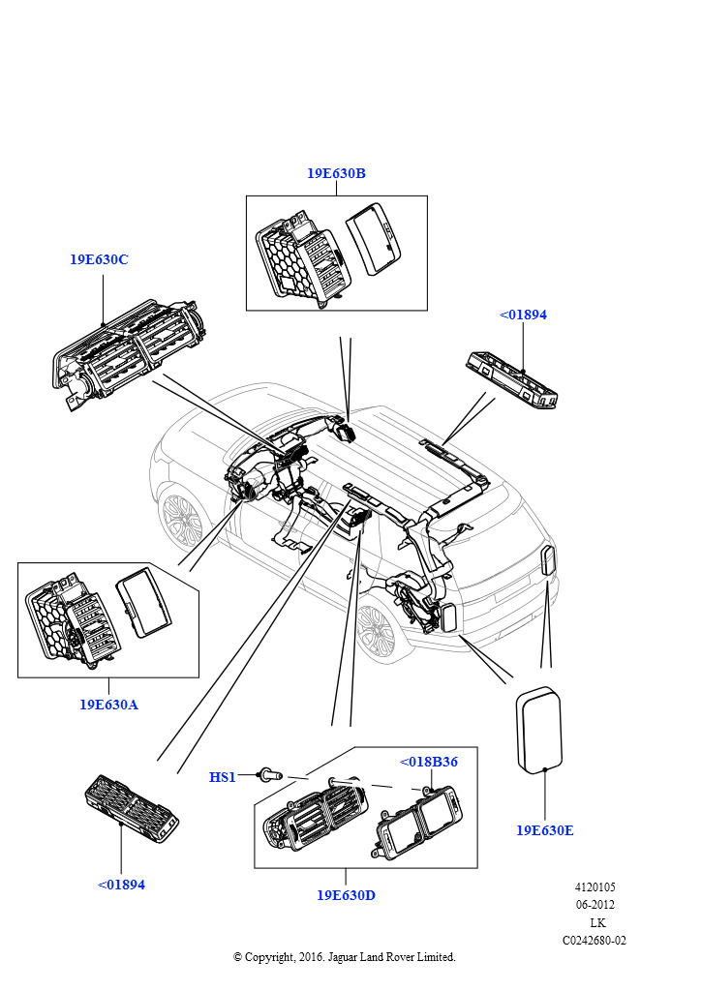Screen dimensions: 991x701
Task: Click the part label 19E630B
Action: pyautogui.click(x=336, y=174)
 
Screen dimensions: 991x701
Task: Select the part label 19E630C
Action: pyautogui.click(x=99, y=260)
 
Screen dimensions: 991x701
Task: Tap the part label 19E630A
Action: pyautogui.click(x=108, y=705)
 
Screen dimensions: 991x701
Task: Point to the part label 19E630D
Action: pyautogui.click(x=346, y=895)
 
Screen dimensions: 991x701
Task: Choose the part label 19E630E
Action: pyautogui.click(x=544, y=830)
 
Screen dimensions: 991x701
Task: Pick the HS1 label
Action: pyautogui.click(x=222, y=777)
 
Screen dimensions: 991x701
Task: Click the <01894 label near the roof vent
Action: pyautogui.click(x=523, y=315)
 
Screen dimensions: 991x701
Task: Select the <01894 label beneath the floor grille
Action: pyautogui.click(x=121, y=885)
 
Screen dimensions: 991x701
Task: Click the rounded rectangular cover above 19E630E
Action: pyautogui.click(x=537, y=731)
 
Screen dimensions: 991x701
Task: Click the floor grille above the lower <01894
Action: pyautogui.click(x=132, y=803)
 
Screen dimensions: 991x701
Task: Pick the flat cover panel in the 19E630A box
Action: pyautogui.click(x=143, y=602)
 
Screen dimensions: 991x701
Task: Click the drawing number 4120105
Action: pyautogui.click(x=594, y=887)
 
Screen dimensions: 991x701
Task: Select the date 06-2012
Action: pyautogui.click(x=595, y=905)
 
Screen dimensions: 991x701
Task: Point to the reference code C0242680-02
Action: pyautogui.click(x=594, y=940)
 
